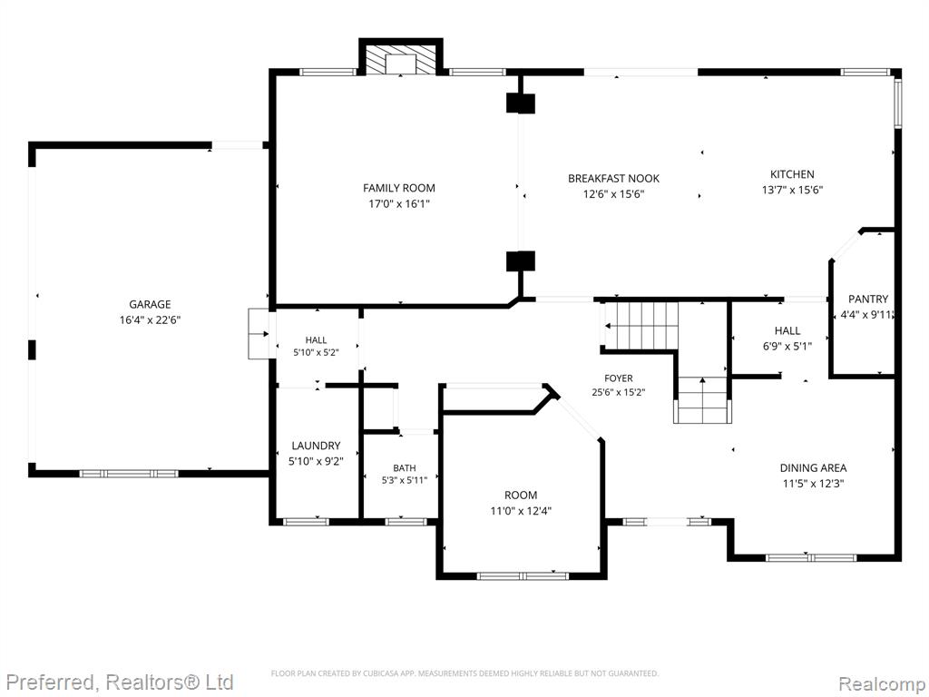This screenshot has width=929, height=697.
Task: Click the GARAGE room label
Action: (150, 305)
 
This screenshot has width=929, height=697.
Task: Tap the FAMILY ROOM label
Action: (399, 189)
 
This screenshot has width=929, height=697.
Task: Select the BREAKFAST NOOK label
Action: (613, 179)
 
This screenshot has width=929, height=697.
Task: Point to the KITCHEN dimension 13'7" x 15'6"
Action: (792, 191)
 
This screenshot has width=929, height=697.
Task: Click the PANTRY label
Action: (868, 299)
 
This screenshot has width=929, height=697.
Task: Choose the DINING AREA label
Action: (813, 468)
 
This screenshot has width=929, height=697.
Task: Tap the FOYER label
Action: (619, 378)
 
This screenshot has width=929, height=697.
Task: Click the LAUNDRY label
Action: (316, 446)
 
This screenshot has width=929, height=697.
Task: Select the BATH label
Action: (404, 468)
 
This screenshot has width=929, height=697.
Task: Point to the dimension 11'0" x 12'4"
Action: (521, 511)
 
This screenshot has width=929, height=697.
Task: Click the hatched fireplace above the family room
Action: (401, 61)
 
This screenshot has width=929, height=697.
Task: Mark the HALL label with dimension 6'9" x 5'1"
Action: (787, 330)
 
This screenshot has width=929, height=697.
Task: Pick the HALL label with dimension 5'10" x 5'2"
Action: (316, 340)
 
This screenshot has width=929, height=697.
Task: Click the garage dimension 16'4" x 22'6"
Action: (150, 320)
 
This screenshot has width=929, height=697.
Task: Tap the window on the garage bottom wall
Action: (129, 474)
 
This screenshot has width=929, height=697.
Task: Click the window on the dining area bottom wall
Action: (810, 558)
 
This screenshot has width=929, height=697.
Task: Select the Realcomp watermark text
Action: (881, 684)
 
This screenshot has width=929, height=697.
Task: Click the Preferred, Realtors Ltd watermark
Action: (118, 682)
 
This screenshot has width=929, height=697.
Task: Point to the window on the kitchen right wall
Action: (897, 103)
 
